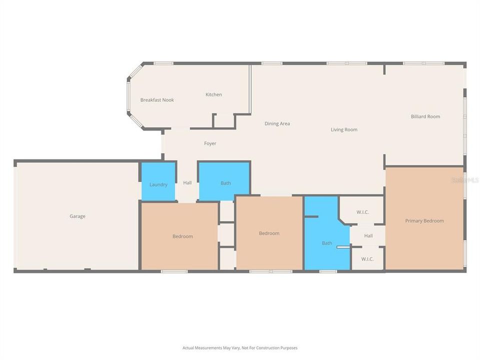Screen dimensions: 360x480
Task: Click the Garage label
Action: [x=77, y=216]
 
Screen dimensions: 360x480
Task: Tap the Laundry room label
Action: [x=158, y=185]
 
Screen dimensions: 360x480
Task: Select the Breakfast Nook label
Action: [x=157, y=100]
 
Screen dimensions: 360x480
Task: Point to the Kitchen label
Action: [x=213, y=94]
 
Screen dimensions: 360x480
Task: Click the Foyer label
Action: [x=210, y=143]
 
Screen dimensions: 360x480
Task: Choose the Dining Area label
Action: [x=277, y=123]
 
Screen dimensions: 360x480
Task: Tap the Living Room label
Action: [x=344, y=129]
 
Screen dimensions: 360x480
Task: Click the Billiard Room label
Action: [x=425, y=116]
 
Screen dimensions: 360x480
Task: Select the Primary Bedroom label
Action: [x=424, y=220]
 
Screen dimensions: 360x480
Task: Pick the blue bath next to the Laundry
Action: [x=226, y=183]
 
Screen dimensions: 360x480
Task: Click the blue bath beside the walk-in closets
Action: [x=326, y=243]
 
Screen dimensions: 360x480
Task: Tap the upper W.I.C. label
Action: [x=362, y=212]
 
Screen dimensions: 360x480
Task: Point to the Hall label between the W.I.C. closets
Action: [x=368, y=236]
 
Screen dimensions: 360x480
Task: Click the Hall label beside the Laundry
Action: [x=187, y=183]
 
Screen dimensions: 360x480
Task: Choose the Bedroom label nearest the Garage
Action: [x=182, y=236]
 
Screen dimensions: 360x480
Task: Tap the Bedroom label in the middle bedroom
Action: [x=269, y=233]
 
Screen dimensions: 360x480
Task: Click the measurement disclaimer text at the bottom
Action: [x=240, y=347]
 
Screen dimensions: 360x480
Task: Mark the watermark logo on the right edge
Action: [x=465, y=179]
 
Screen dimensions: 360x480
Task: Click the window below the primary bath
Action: [x=328, y=271]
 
